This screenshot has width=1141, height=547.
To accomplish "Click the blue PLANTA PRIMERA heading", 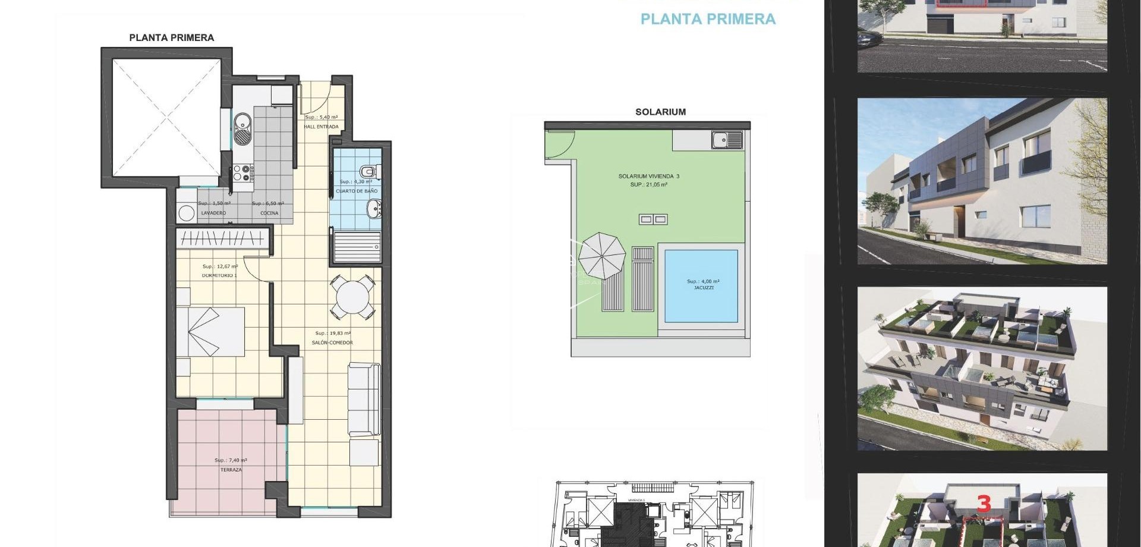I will pos(708,19).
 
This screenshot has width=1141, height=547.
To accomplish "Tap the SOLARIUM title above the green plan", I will pos(660,112).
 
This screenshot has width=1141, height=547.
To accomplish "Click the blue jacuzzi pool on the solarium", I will pos(701,285).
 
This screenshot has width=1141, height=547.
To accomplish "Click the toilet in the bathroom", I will pos(370,171).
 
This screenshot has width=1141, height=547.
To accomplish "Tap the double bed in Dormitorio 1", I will pos(211,332).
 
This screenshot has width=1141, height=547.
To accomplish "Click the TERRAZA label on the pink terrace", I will pos(231,470).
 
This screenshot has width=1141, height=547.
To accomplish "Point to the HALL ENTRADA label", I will pos(322,127).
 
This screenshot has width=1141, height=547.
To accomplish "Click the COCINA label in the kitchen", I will pos(269,213).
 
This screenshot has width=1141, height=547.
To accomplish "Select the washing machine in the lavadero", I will pos(187,213).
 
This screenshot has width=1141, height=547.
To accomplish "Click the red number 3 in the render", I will pos(984,504).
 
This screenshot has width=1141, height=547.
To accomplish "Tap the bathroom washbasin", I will pos(374,209).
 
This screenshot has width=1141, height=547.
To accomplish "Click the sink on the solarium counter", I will pos(727,140).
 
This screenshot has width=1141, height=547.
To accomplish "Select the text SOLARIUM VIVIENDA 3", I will pos(648,177).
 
